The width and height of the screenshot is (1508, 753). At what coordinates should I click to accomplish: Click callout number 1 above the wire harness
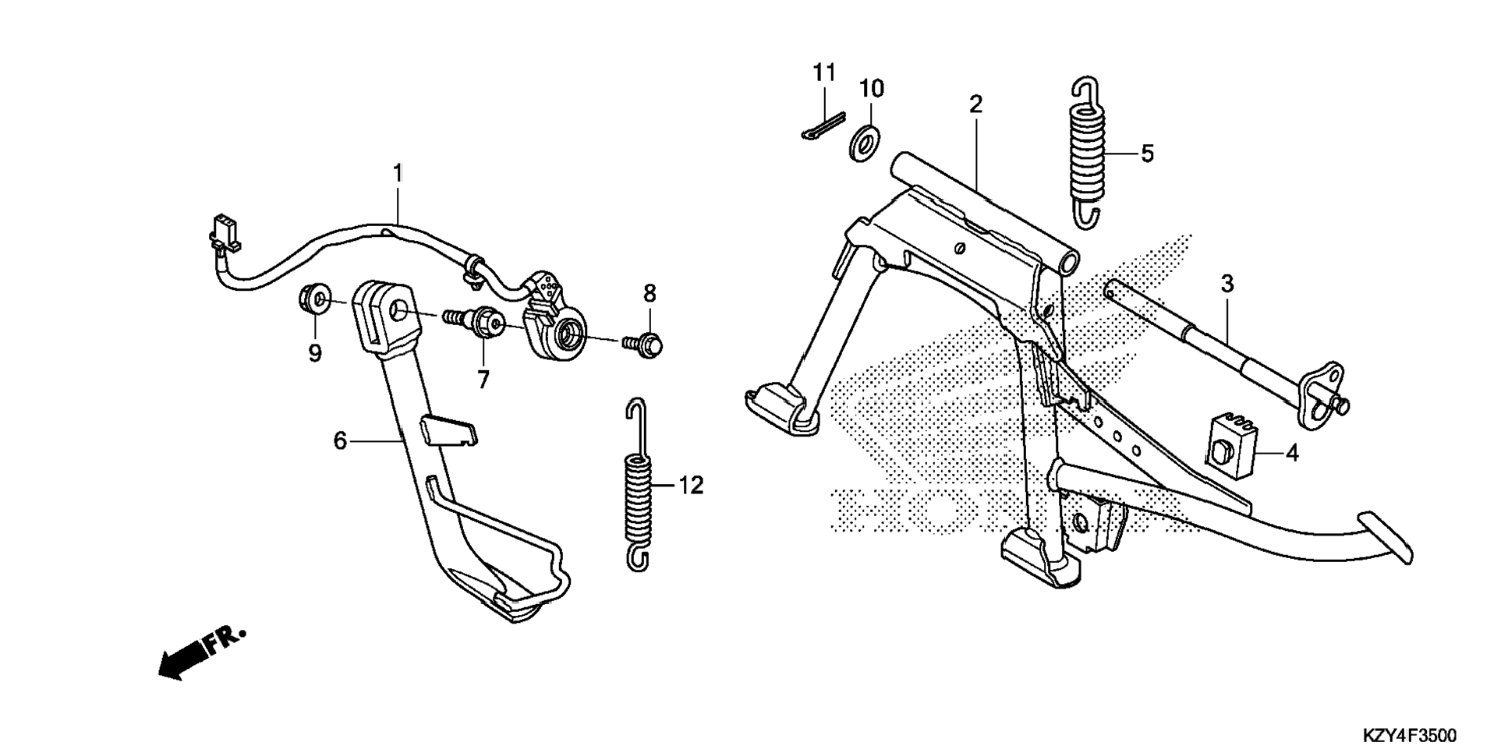398,173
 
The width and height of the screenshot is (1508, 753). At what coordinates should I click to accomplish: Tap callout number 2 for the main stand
975,104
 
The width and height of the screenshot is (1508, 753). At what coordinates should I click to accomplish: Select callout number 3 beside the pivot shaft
1227,285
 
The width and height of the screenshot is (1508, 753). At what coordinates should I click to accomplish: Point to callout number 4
1291,453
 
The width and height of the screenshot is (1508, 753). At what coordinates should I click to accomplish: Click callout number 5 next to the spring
1147,154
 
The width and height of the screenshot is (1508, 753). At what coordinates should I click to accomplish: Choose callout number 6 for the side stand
340,441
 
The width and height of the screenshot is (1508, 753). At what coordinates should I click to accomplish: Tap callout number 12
690,486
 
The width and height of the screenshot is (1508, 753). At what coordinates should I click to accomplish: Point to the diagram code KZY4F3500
1408,735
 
